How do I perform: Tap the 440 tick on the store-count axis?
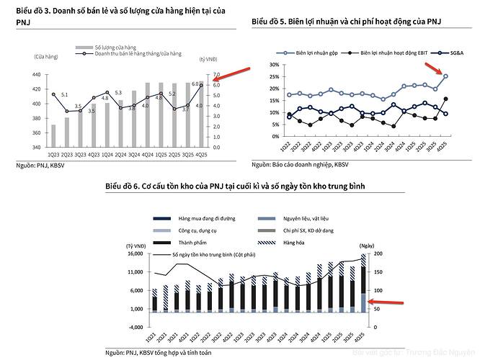point(35,74)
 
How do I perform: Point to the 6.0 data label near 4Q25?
point(194,84)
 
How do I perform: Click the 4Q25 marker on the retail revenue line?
point(201,86)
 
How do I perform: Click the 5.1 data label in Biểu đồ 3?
point(64,95)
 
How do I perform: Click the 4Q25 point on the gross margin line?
point(445,76)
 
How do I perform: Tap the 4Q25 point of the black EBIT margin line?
point(445,99)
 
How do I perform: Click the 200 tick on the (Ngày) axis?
point(376,253)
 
